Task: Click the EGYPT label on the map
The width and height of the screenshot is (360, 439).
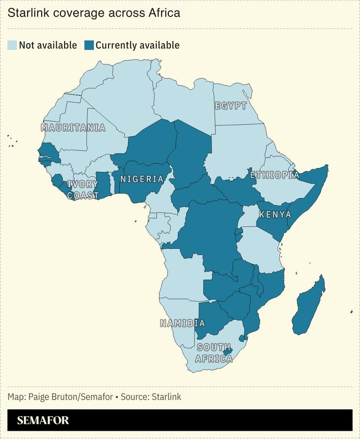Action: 231,106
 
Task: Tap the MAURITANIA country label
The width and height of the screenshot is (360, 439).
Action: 73,128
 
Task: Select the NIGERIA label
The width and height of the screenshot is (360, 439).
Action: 142,179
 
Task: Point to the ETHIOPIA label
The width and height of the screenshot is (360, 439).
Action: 274,175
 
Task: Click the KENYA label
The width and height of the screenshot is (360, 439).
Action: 275,215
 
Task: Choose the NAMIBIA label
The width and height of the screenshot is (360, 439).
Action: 182,323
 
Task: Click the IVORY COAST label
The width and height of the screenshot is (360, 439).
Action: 83,190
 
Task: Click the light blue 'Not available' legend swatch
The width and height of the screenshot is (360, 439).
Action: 12,45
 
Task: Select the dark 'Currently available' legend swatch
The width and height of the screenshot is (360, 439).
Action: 89,45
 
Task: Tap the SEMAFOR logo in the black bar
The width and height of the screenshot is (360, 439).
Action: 43,421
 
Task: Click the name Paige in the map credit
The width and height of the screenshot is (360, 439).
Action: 39,397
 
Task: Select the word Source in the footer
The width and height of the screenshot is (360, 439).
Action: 135,397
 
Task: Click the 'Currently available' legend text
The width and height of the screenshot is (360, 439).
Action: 138,45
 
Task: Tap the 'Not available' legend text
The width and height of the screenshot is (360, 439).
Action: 48,45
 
